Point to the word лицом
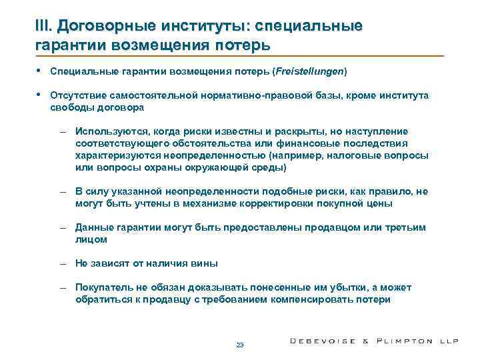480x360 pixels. pyautogui.click(x=91, y=239)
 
